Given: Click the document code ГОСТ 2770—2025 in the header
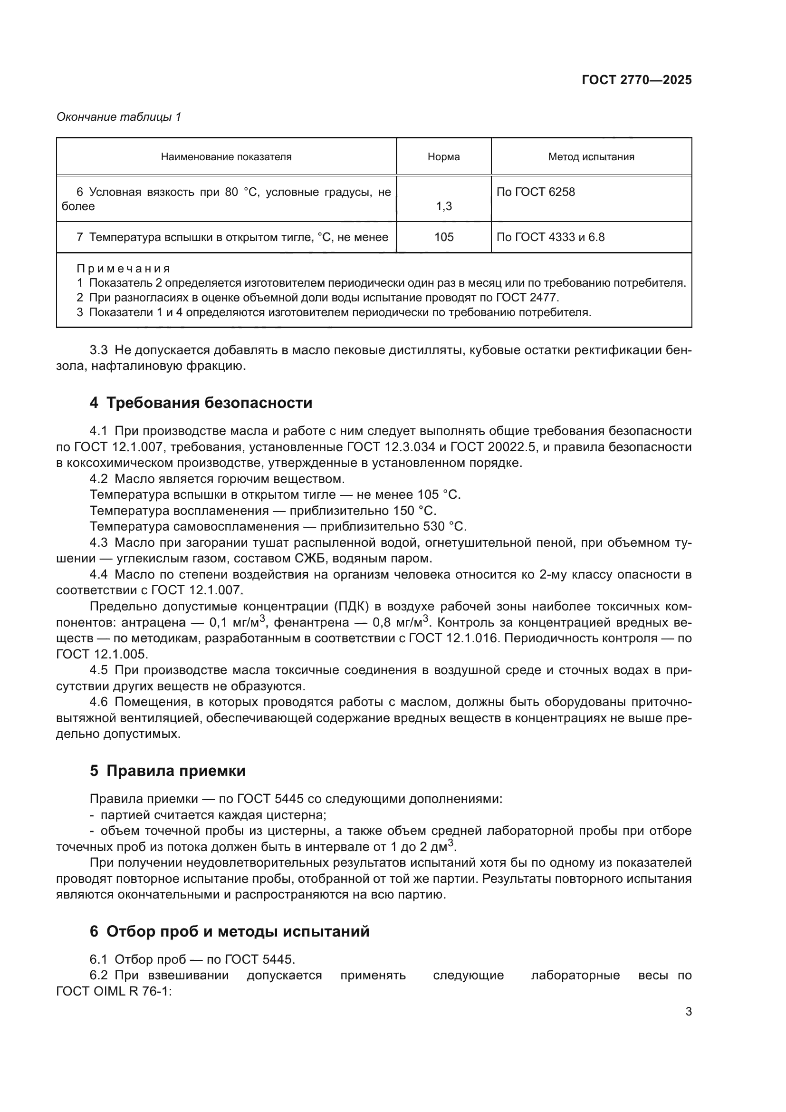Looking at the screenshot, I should click(636, 80).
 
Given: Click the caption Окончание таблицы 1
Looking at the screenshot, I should click(119, 117).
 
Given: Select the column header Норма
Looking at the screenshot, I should click(443, 157).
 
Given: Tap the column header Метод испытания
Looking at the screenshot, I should click(591, 157).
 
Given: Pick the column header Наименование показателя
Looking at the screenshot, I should click(226, 157).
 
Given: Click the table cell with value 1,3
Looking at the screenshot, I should click(443, 206).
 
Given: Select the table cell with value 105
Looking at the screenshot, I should click(443, 237).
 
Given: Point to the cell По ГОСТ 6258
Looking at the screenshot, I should click(536, 192).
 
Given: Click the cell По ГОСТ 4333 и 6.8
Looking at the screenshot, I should click(550, 237).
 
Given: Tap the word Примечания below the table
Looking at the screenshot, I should click(124, 269).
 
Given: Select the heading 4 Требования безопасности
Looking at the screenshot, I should click(201, 403).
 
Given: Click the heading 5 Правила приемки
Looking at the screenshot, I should click(167, 771).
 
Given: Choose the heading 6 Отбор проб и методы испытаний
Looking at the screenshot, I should click(230, 931).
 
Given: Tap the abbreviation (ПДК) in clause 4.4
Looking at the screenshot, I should click(355, 606).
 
